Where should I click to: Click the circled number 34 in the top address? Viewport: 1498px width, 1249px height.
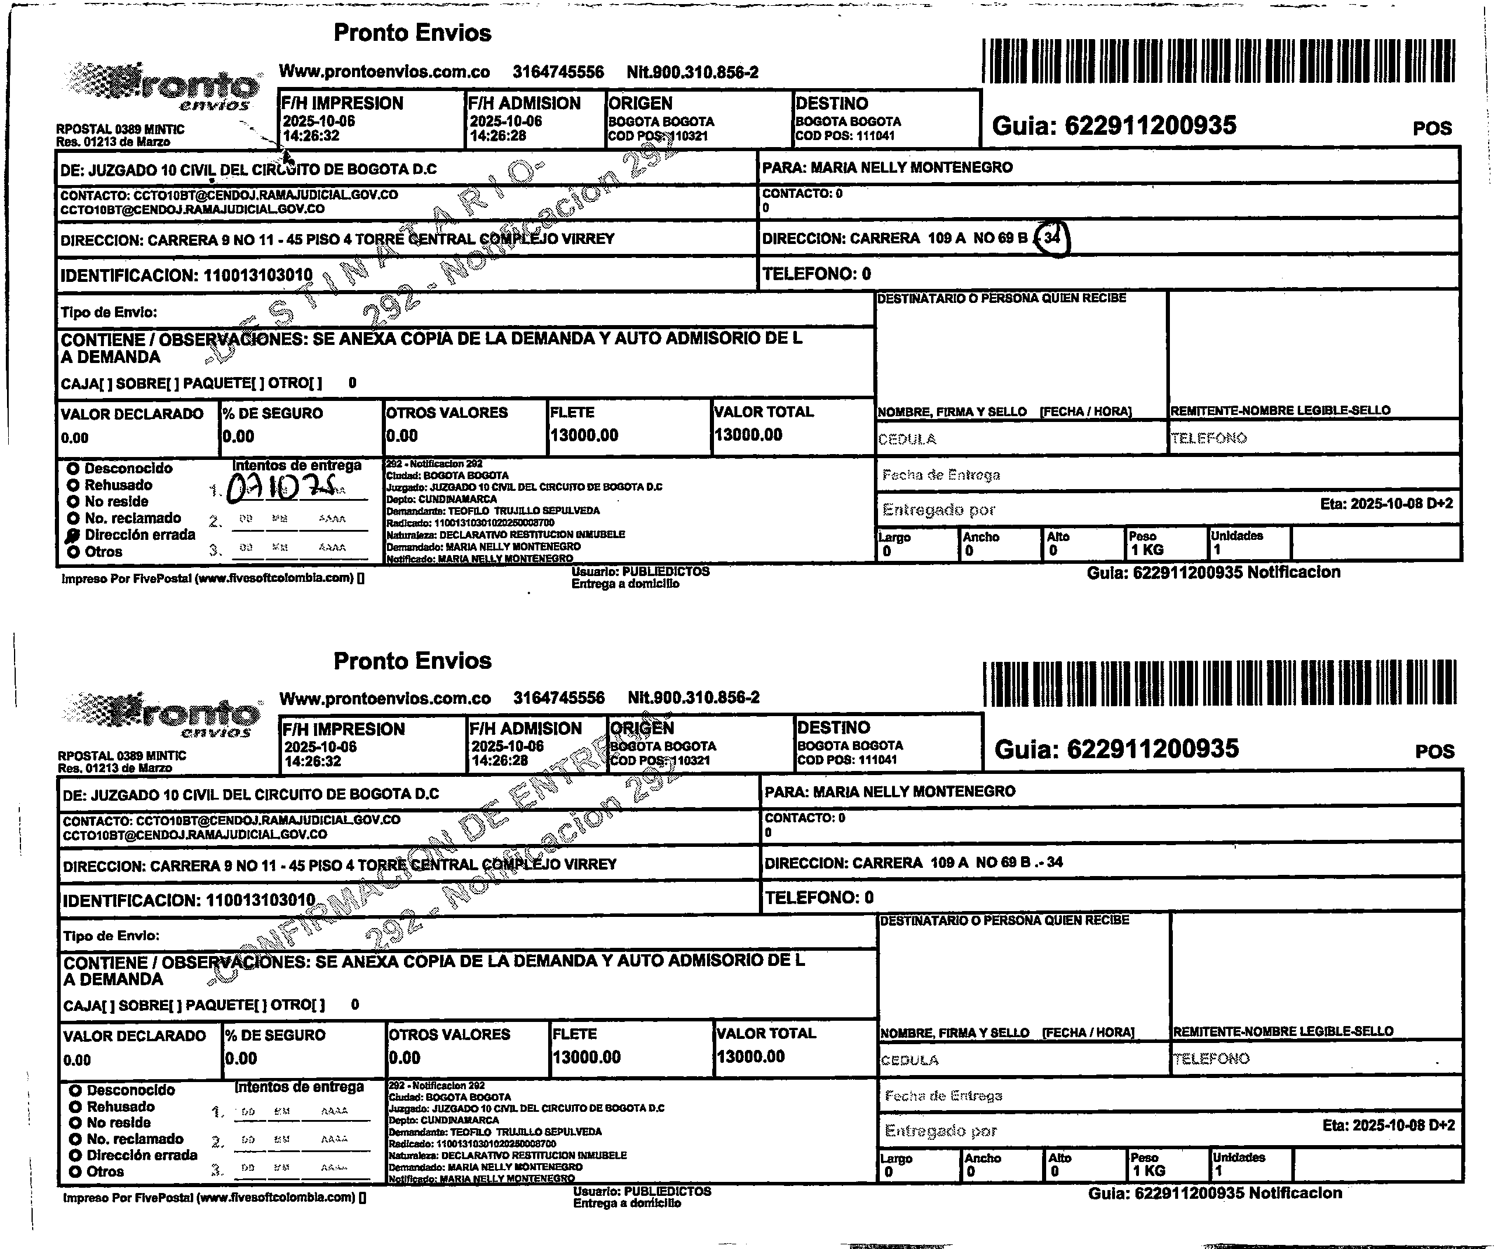(x=1053, y=238)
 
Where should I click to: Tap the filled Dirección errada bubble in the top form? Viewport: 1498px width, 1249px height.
(x=73, y=536)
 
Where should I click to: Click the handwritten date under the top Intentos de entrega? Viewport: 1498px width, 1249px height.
(x=285, y=489)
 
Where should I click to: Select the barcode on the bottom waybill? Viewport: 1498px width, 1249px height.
(x=1220, y=683)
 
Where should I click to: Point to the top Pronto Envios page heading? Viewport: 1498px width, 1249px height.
(x=412, y=33)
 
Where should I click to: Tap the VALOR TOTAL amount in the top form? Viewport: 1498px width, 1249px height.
(x=748, y=435)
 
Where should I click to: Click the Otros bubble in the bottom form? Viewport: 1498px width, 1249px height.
(x=75, y=1171)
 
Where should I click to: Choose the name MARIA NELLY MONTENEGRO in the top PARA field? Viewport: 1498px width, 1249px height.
(x=912, y=168)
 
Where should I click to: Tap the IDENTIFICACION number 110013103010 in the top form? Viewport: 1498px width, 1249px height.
(x=258, y=275)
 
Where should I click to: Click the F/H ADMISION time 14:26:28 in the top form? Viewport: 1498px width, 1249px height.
(x=498, y=135)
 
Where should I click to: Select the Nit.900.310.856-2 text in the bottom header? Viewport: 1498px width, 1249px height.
(x=694, y=697)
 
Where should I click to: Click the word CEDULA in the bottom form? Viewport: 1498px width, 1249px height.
(x=910, y=1060)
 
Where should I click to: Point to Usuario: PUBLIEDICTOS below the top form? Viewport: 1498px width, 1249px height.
(x=640, y=571)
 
